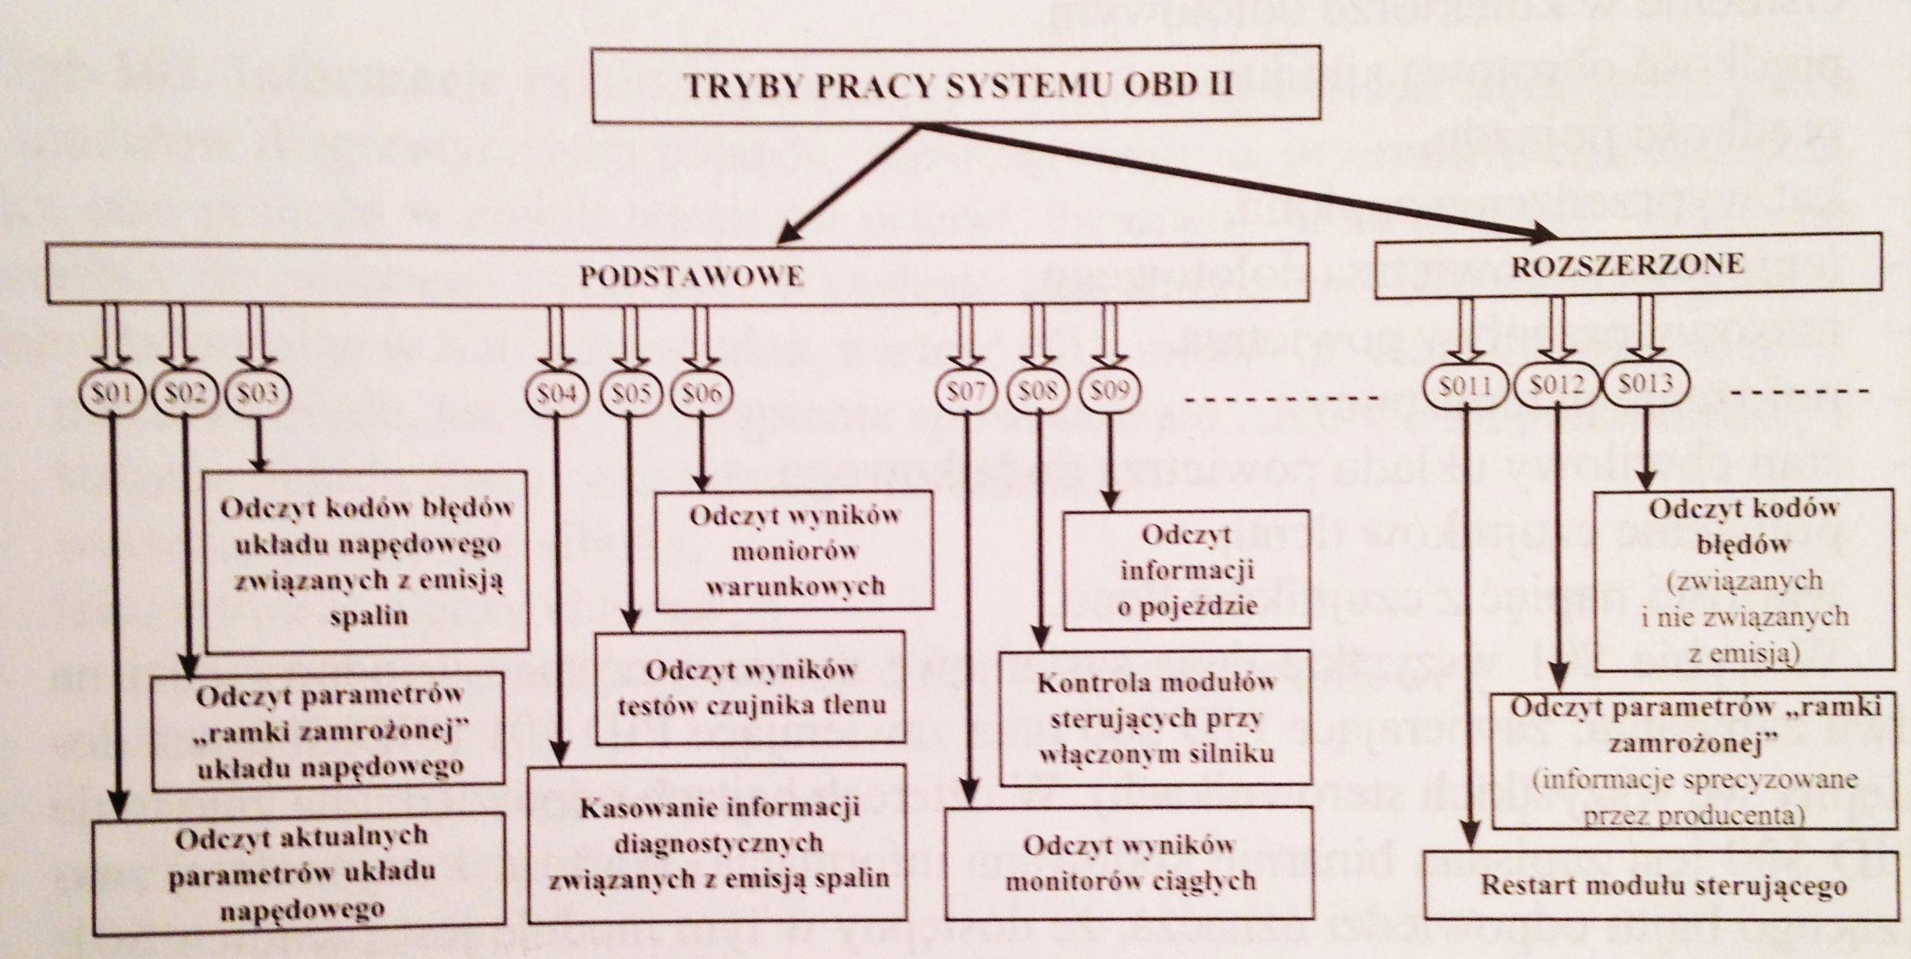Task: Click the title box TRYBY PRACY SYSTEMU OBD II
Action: tap(956, 84)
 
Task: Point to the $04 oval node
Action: tap(558, 393)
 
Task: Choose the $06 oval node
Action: tap(701, 393)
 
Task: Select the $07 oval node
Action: tap(966, 390)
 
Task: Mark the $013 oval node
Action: tap(1644, 384)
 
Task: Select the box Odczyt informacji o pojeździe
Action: tap(1186, 570)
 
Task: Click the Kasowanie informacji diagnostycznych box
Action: tap(717, 843)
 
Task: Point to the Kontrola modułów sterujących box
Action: tap(1156, 719)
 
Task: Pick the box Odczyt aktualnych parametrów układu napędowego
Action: tap(300, 870)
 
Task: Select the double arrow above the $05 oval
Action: tap(631, 337)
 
